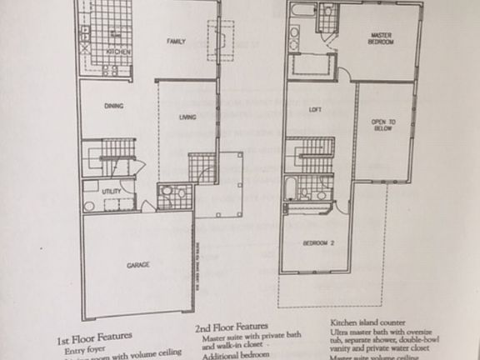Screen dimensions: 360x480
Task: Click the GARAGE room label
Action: [x=137, y=265]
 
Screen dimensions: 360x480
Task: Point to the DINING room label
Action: [x=114, y=106]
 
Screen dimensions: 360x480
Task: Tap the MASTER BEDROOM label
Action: [x=382, y=37]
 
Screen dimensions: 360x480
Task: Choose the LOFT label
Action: [x=315, y=111]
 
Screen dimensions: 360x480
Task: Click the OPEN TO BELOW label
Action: [x=383, y=127]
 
